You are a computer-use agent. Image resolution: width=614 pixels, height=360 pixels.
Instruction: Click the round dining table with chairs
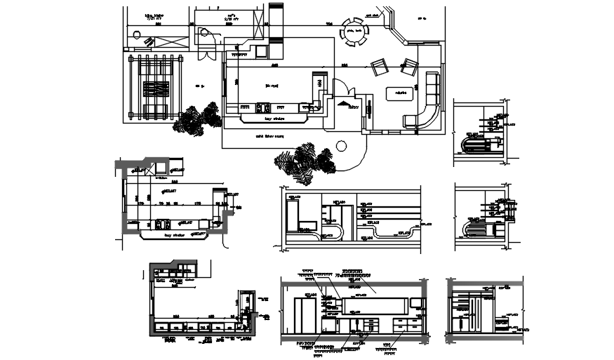click(353, 31)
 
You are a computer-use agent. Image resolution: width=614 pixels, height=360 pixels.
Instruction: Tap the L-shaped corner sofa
click(426, 112)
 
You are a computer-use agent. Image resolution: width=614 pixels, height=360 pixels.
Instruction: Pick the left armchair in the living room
click(380, 67)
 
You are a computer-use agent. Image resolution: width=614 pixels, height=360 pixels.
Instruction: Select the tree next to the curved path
click(305, 161)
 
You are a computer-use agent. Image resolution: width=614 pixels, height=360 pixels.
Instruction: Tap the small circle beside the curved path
click(342, 147)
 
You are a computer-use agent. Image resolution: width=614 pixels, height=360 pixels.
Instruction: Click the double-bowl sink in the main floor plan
click(263, 108)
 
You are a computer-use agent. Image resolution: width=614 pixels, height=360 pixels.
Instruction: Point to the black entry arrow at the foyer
click(345, 104)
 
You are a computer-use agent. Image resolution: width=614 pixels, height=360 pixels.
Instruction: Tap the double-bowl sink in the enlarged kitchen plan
click(161, 225)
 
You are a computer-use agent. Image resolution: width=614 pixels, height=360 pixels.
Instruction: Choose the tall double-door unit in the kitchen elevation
click(307, 315)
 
